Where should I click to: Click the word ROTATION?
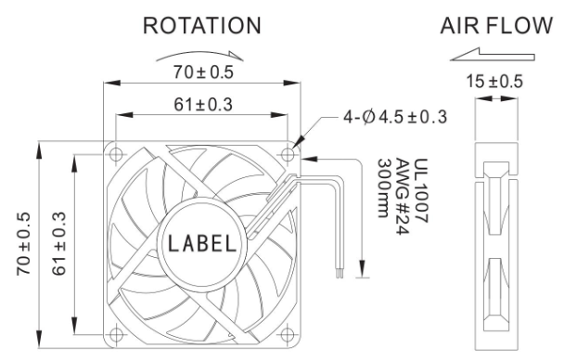(202, 25)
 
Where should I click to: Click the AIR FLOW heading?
(496, 25)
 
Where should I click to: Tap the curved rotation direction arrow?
(199, 54)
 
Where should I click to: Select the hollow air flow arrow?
(493, 55)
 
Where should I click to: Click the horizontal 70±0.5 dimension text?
(203, 72)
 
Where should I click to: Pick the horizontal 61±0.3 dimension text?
(203, 105)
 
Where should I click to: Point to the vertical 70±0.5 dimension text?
(23, 244)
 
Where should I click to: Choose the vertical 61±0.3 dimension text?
(58, 244)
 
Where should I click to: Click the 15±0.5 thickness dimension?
(494, 82)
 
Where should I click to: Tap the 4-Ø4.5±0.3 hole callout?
(395, 117)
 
